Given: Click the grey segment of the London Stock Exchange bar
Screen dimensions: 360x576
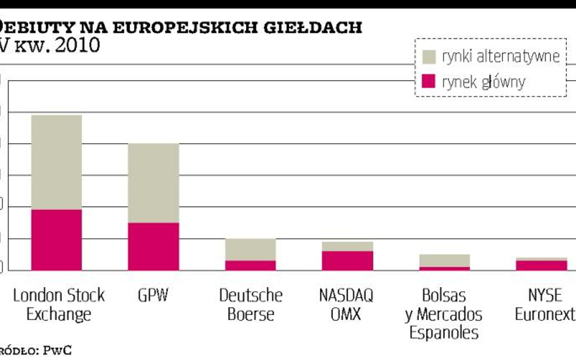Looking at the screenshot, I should point(57,162).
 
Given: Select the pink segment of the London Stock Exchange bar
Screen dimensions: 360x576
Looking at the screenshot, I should point(57,240).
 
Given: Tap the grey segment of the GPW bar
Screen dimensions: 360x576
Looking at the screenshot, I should point(153,183).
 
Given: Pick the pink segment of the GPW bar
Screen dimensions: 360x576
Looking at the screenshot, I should point(153,246).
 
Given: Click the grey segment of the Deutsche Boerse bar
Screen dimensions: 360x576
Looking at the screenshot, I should point(250,250).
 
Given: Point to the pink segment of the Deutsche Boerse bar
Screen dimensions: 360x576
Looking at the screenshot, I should point(250,265).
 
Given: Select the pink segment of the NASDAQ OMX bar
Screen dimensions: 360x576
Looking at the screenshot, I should point(348,260).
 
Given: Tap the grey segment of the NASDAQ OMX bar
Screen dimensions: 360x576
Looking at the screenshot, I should point(348,246).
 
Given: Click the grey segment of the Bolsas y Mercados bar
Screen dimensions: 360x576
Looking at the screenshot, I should point(444,260).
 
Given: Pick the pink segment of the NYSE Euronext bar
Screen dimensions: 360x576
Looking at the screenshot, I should point(541,265).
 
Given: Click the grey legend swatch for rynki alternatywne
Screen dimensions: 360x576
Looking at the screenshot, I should point(429,56).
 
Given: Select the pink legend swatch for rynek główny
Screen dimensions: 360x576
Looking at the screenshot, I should point(429,81).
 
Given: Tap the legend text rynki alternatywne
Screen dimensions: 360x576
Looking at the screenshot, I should point(500,56).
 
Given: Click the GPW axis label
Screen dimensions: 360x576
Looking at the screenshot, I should point(153,296).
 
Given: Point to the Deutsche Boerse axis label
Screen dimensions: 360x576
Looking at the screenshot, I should point(250,305).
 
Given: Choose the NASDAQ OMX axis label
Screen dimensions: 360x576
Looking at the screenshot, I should point(347,305).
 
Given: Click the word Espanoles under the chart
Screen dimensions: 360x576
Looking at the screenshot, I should point(444,333).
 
